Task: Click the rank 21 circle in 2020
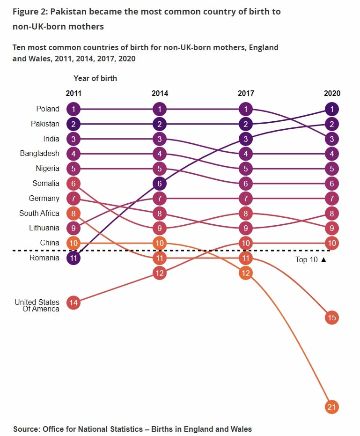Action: [332, 407]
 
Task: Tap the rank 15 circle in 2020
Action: [332, 318]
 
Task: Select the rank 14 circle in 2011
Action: [73, 303]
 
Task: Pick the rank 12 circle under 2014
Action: [160, 273]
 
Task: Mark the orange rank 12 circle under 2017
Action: [246, 273]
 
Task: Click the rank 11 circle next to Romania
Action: [73, 258]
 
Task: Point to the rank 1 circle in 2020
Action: [332, 110]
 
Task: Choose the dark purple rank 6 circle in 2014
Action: [160, 184]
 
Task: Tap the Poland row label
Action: [48, 109]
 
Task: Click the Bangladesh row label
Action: [40, 154]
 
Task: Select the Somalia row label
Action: [46, 184]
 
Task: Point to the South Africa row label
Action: [39, 213]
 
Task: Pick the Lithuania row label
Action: [44, 228]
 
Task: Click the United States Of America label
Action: [37, 305]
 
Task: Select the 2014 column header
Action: [160, 93]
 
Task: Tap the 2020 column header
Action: [332, 93]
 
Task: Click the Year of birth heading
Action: [95, 78]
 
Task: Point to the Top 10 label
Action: [307, 259]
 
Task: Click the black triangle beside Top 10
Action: [323, 259]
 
